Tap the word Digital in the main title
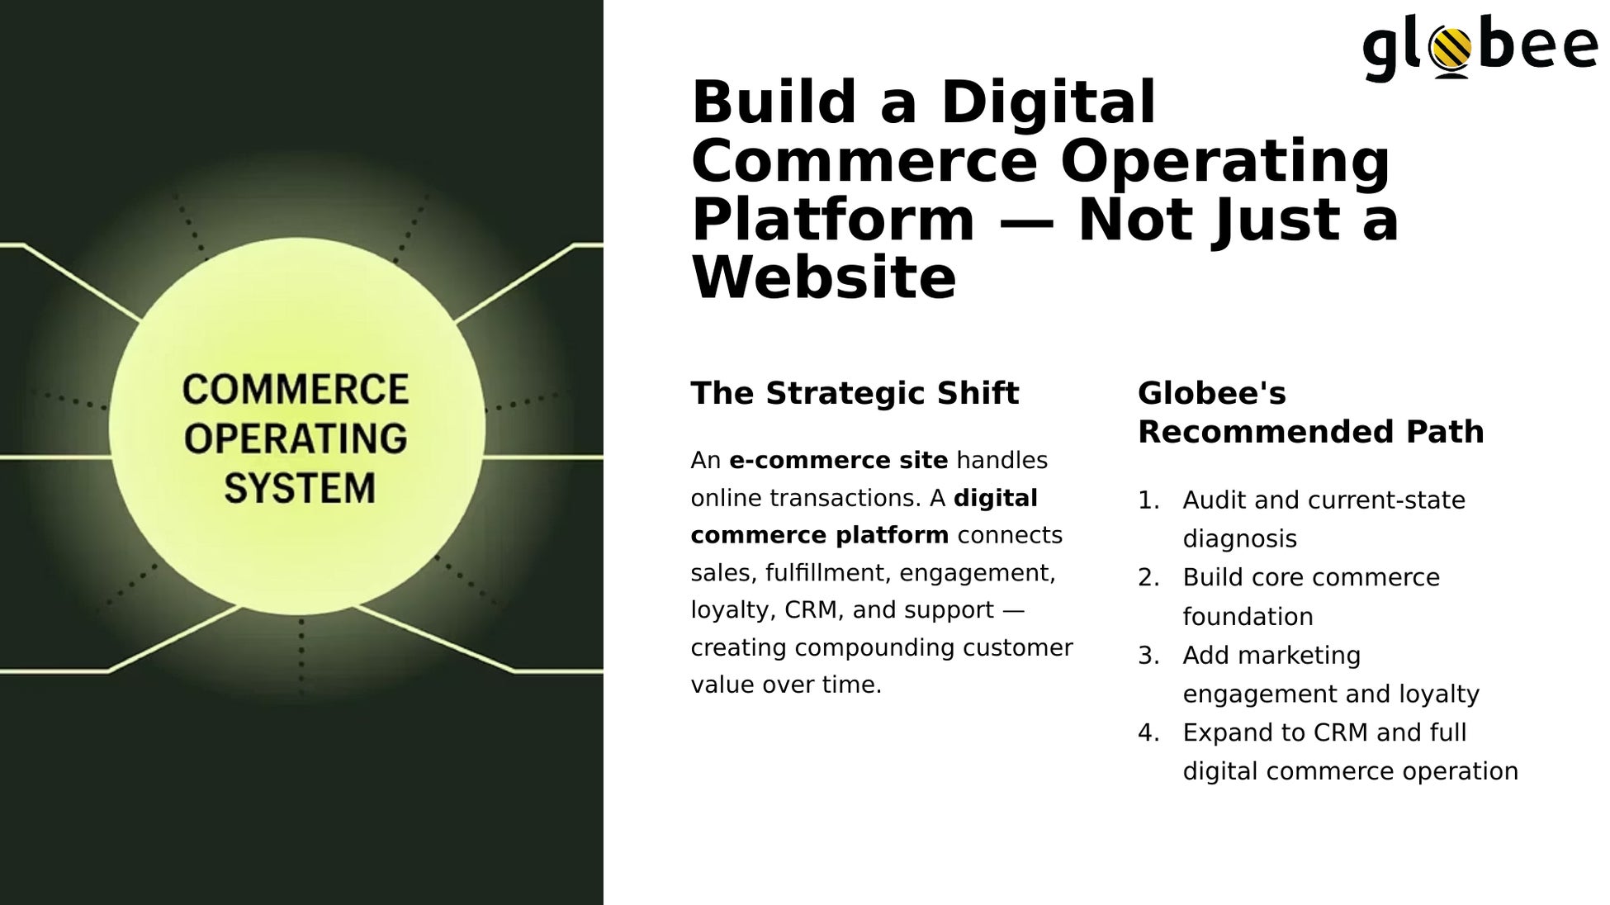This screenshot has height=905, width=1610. tap(1048, 102)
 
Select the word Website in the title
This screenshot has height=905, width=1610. tap(823, 277)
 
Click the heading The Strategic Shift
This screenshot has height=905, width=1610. tap(855, 393)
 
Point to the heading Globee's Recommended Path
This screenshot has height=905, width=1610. tap(1310, 412)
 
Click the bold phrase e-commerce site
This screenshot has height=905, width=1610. tap(838, 460)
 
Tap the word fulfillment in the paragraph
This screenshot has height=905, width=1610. tap(826, 572)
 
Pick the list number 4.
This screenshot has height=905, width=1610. tap(1148, 732)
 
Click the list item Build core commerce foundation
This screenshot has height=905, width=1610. tap(1311, 596)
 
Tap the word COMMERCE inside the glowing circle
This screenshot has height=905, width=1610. tap(296, 390)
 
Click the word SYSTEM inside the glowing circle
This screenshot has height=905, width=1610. tap(300, 488)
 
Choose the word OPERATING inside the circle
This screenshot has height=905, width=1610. tap(296, 438)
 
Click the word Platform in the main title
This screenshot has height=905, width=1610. tap(833, 220)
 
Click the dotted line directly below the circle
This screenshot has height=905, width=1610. tap(301, 656)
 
